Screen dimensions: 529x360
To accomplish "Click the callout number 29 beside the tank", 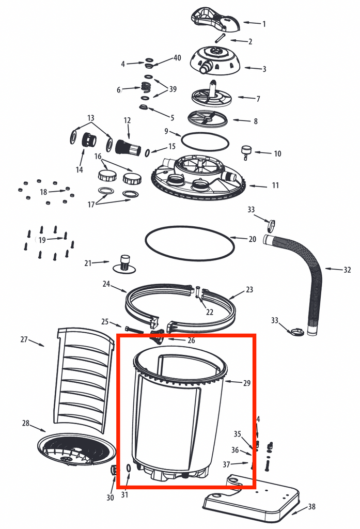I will click(246, 383).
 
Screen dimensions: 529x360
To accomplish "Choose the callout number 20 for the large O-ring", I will click(252, 239).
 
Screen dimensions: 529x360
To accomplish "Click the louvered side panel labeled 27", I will click(85, 377).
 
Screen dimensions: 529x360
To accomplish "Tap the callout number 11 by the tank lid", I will click(275, 185).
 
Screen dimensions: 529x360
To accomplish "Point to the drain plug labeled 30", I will click(114, 470).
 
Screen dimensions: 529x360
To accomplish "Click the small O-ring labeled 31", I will click(128, 469).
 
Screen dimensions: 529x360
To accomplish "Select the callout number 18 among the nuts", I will click(44, 192).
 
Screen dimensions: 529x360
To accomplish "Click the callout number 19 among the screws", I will click(42, 239).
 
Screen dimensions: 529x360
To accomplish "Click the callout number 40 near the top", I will click(177, 58).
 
